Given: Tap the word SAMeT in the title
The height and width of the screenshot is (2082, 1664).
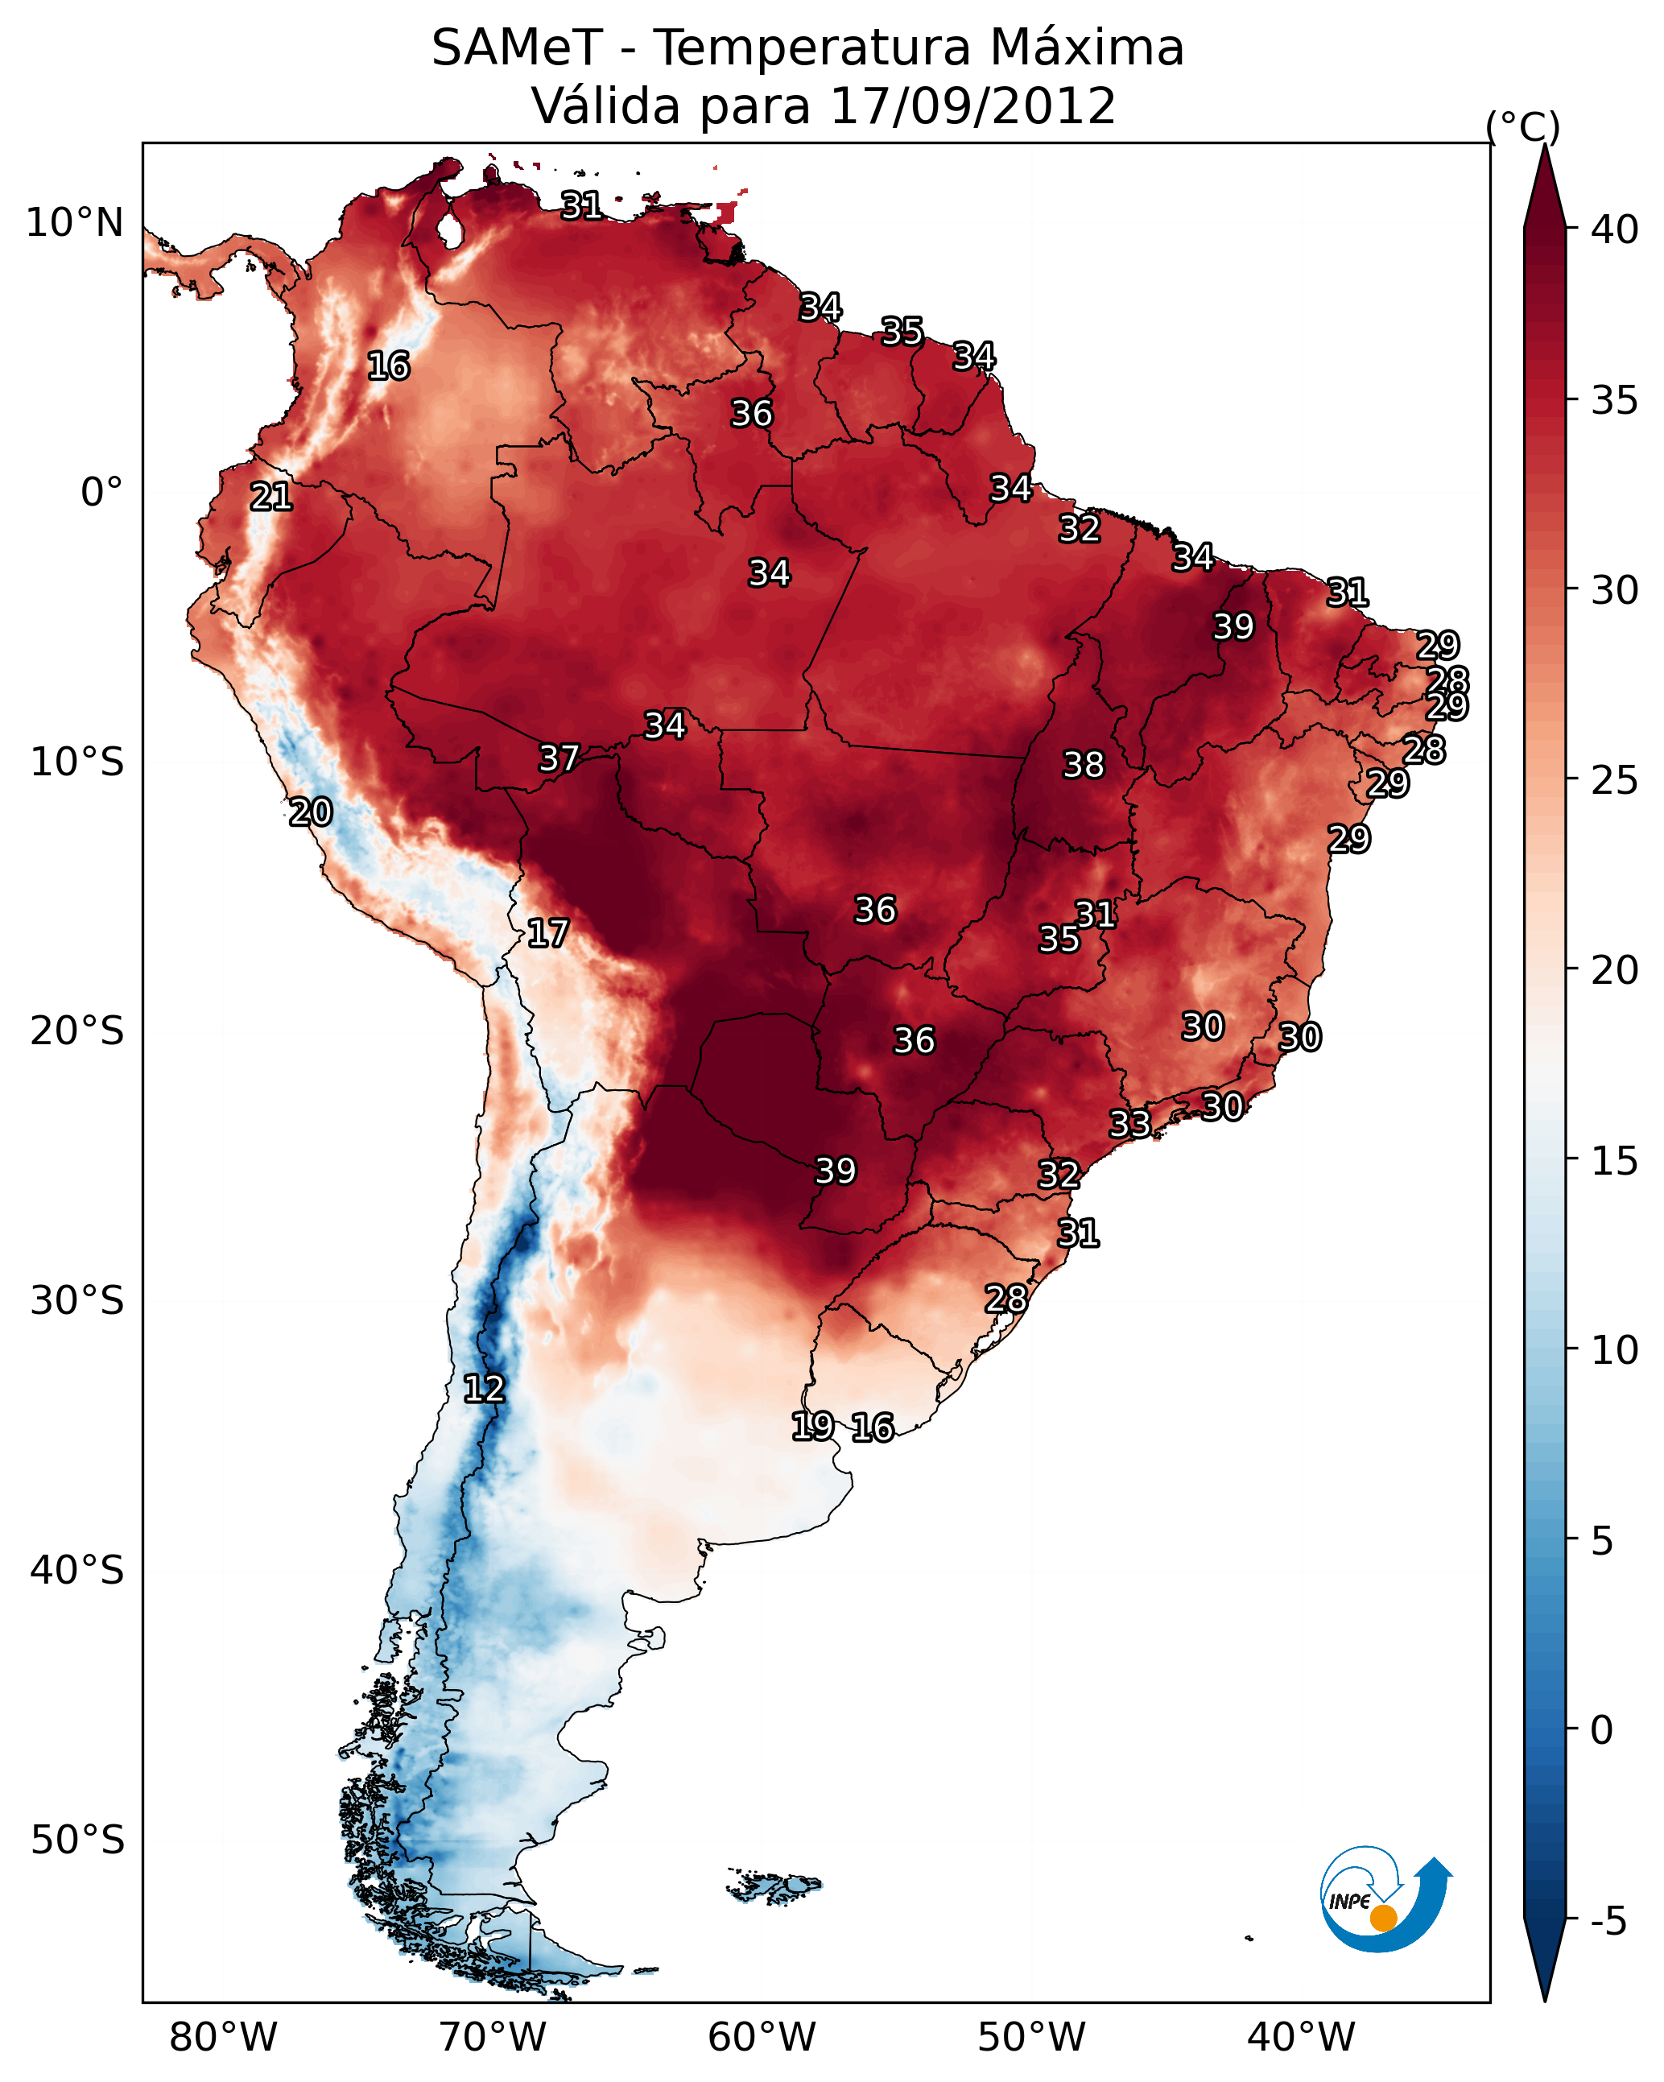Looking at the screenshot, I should point(517,48).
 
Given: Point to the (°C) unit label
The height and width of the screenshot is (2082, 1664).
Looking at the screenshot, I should point(1522,126).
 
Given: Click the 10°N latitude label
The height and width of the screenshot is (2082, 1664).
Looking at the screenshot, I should point(74,223).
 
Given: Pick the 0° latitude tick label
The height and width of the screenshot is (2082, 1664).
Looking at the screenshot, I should point(101,493).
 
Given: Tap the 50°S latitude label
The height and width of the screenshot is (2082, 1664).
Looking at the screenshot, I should point(77,1840).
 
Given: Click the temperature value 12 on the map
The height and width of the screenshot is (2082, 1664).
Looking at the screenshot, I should point(484,1389).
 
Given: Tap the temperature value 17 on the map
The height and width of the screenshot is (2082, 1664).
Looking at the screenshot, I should point(547,933).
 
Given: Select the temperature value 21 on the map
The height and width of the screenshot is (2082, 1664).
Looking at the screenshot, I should point(271,497).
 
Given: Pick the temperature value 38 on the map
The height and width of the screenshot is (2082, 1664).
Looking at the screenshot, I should point(1084,765).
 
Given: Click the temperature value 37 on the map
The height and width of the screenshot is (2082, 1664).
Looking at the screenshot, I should point(559,758).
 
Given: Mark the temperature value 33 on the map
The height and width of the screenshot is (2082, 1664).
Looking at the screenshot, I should point(1130,1123).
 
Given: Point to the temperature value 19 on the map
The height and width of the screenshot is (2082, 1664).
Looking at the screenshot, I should point(812,1425).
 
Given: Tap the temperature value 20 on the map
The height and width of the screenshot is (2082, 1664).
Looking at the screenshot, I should point(311,812).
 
